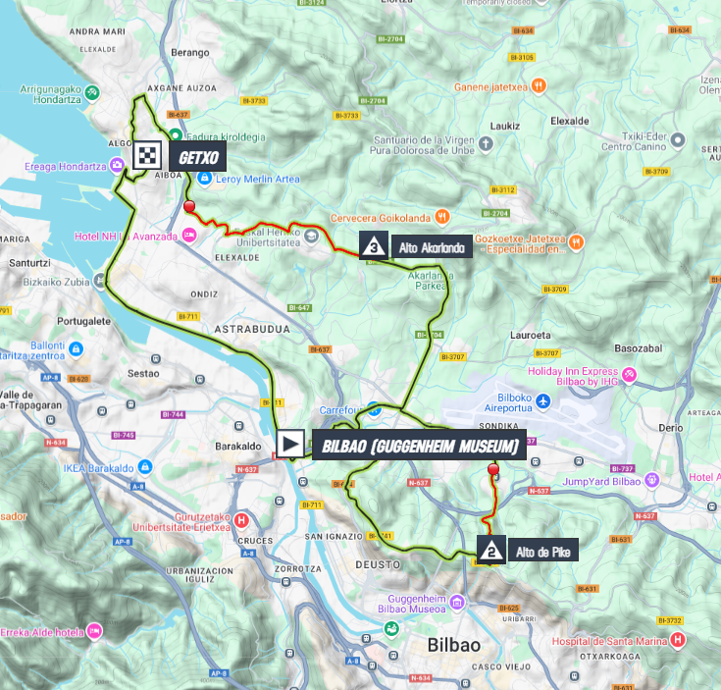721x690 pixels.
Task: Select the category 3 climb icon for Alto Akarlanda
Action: point(374,246)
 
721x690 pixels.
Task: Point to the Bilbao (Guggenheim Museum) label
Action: point(419,447)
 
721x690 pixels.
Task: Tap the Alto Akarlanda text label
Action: point(431,248)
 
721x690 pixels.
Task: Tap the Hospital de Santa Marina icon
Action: point(677,640)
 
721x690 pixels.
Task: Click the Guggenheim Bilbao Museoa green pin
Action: point(390,628)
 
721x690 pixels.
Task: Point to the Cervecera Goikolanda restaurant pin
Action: point(442,216)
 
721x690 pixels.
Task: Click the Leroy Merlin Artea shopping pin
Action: point(205,177)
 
